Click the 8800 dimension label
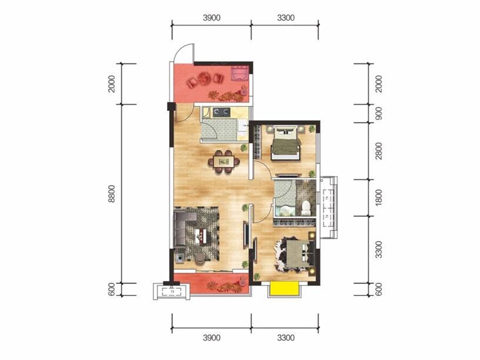tap(112, 194)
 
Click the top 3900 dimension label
tap(212, 18)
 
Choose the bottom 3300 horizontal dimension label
tap(286, 338)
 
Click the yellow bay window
tap(284, 288)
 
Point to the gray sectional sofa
tap(184, 229)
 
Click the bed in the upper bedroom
tap(285, 143)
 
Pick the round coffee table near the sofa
tap(200, 258)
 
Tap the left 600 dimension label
tap(112, 289)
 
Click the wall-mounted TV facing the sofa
tap(245, 235)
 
